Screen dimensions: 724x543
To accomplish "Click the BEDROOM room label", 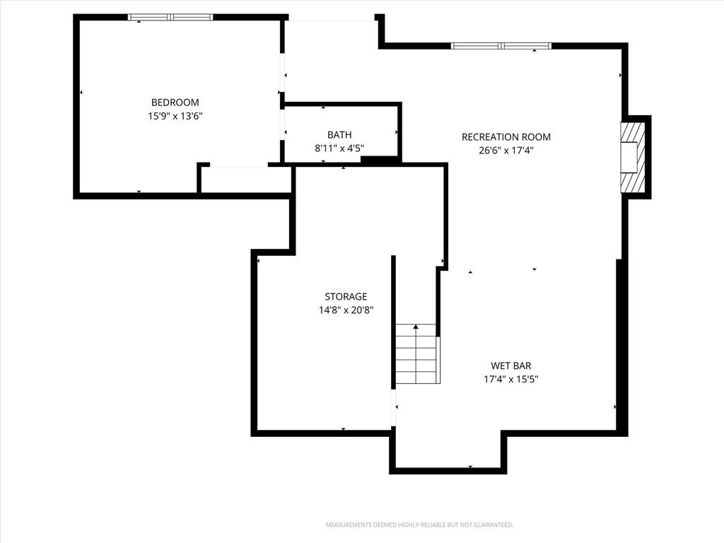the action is coord(175,103).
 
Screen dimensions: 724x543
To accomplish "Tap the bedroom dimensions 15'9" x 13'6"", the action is coord(175,116).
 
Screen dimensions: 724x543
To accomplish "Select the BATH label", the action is coord(339,135).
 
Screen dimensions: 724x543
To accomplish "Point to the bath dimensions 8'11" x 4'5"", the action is coord(339,148).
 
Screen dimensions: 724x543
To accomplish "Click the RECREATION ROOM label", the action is coord(506,137).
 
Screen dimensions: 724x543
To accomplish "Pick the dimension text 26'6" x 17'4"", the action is coord(506,150).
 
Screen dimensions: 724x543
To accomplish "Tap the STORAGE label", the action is coord(346,296).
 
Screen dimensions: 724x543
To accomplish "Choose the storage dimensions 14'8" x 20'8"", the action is coord(346,310).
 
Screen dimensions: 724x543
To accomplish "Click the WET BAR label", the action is coord(510,366).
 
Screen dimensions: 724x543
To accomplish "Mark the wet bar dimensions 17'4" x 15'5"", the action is coord(510,379).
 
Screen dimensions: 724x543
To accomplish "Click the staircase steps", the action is coord(416,354).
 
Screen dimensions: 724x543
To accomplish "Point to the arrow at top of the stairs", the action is coord(416,327).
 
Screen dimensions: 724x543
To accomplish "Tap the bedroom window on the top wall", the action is coord(170,17).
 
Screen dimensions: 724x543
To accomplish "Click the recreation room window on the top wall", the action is coord(501,46).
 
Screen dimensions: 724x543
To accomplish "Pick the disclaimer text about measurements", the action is coord(419,525).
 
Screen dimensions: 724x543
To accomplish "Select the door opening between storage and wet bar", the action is coord(393,408).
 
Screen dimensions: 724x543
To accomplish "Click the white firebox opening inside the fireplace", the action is coord(629,158).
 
